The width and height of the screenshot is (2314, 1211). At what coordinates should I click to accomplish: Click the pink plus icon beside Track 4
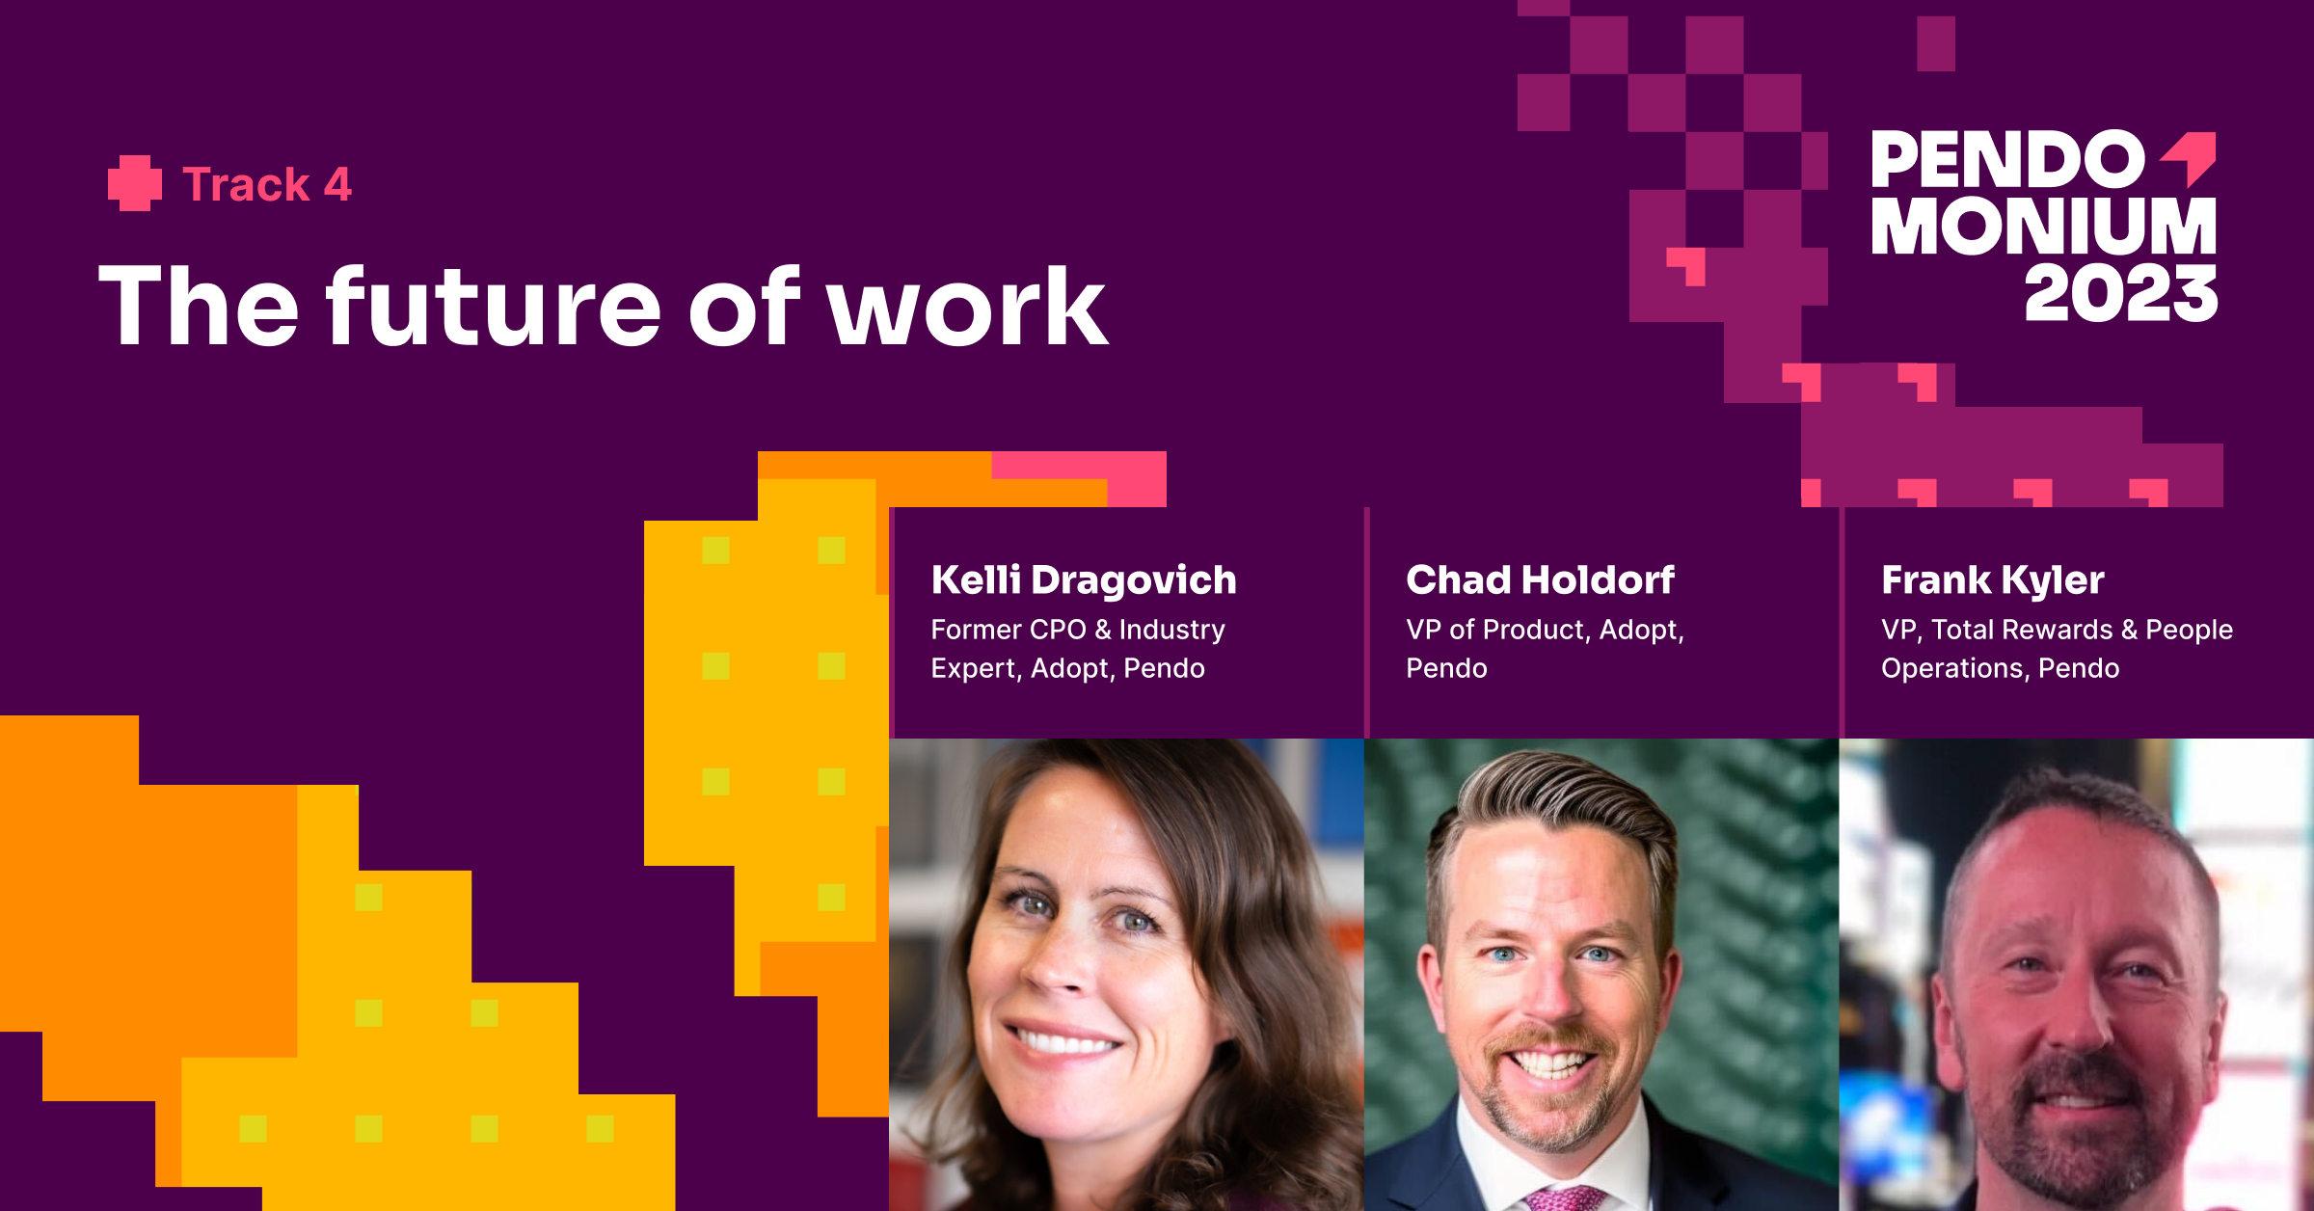click(135, 183)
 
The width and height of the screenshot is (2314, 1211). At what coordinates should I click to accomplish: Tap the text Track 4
click(267, 184)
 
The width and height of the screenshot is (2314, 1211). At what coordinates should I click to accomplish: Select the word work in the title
click(967, 307)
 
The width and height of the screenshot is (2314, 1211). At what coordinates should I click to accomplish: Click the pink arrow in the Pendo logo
click(2191, 156)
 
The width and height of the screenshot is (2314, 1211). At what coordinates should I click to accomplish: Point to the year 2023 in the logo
click(2121, 293)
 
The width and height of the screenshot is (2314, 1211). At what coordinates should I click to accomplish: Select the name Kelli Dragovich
click(1084, 579)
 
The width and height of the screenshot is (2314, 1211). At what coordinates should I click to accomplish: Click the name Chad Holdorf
click(1540, 579)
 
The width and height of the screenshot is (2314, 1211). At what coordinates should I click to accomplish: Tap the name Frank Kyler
click(1993, 580)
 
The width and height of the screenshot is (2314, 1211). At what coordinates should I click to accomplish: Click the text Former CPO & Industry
click(1078, 630)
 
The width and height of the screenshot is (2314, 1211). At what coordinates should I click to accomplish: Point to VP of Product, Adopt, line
click(1546, 630)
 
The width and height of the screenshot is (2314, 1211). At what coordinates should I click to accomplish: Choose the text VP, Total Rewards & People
click(2058, 630)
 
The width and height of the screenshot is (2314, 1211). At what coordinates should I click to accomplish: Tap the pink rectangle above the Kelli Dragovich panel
click(1079, 478)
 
